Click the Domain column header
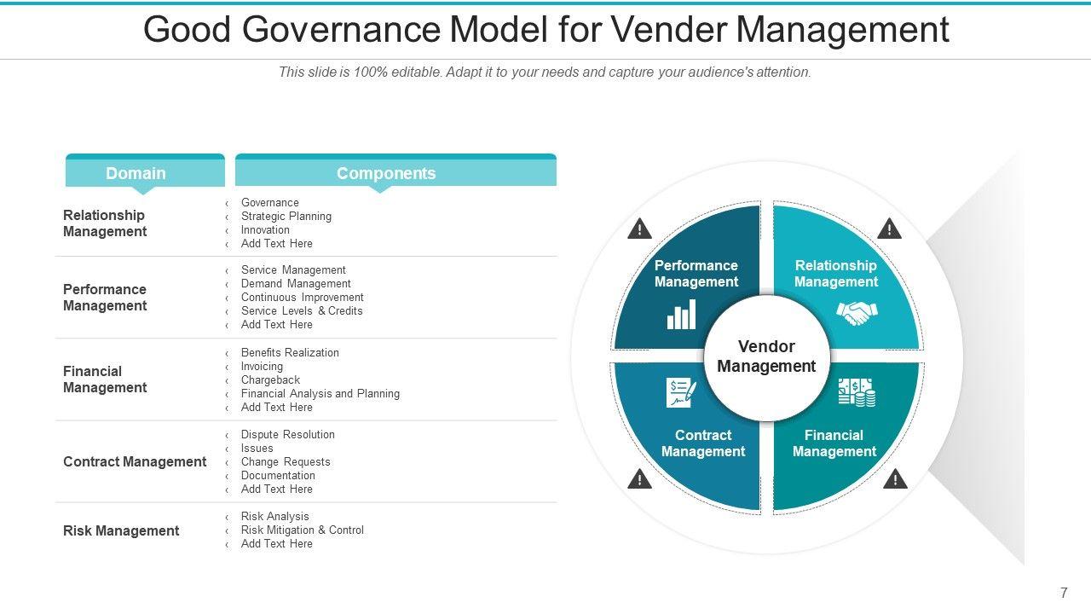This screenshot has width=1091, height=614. coord(136,173)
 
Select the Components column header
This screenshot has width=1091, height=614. coord(386,173)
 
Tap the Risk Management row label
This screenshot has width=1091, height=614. coord(121,530)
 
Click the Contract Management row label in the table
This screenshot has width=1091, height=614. coord(135,461)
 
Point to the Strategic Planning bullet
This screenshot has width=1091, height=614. coord(286,217)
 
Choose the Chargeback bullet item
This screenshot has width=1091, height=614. coord(270,380)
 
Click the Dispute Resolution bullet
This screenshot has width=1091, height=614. coord(287,435)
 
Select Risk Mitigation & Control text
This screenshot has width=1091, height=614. coord(302,530)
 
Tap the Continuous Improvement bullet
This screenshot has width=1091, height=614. coord(302,298)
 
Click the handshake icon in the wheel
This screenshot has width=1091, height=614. coord(857,313)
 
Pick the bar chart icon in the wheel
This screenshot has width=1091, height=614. coord(681,315)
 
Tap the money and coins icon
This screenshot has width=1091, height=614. coord(856,392)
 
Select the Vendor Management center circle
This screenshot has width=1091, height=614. coord(766,356)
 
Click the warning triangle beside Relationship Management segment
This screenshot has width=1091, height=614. coord(889,229)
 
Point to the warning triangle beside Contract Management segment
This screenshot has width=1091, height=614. coord(639,479)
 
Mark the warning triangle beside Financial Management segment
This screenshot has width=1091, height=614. coord(895,479)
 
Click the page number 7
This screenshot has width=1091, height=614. coord(1064,593)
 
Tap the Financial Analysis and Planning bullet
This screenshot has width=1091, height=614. coord(320,394)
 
